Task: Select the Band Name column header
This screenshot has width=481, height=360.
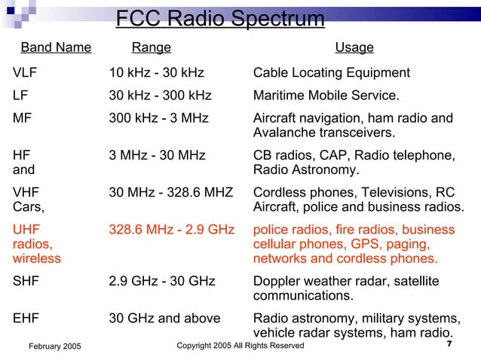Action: [x=56, y=48]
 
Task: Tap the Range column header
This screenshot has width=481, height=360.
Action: [x=151, y=48]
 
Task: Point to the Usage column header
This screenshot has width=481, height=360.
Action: [x=354, y=48]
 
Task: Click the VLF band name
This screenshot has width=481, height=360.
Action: [x=26, y=73]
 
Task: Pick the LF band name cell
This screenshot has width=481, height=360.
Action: [x=21, y=96]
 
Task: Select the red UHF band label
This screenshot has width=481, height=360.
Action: [x=27, y=229]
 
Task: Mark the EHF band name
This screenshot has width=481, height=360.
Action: [x=27, y=319]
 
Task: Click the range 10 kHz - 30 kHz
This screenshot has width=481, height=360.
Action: [x=157, y=73]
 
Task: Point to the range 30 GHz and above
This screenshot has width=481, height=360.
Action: [x=164, y=319]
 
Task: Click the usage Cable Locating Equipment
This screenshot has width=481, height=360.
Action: [x=332, y=73]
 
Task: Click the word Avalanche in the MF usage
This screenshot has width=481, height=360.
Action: [x=283, y=133]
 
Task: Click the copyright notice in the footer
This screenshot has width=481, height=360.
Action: [x=240, y=346]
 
